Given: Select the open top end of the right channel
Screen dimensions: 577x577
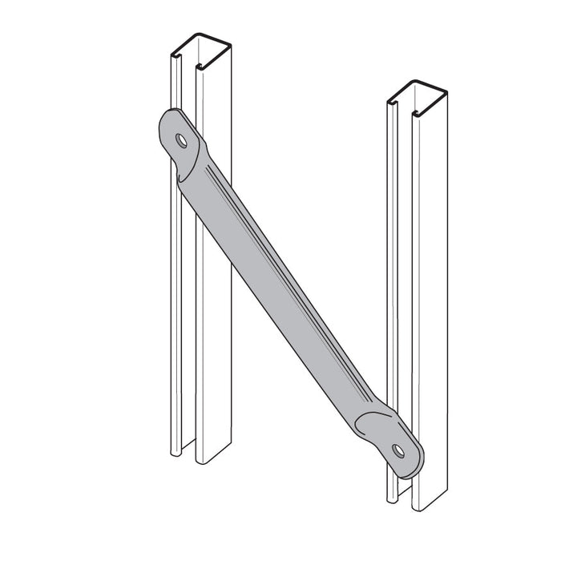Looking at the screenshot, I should coord(418,93).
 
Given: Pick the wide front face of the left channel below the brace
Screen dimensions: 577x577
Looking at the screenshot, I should coord(213,361).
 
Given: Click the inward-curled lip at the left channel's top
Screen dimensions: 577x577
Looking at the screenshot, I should coord(176,58).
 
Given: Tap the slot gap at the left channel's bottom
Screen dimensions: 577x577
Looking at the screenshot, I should coord(191,461).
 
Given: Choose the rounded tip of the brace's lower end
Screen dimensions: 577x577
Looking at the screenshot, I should coord(418,465).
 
